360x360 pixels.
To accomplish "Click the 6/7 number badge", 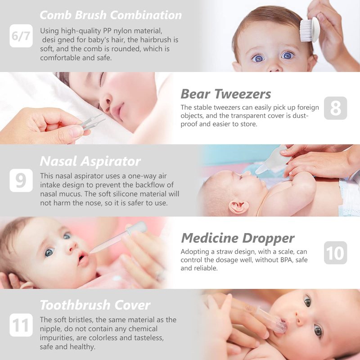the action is (21, 36).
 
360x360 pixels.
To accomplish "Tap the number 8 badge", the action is (335, 108).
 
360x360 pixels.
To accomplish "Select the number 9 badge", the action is (21, 180).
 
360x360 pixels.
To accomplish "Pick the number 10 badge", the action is (335, 253).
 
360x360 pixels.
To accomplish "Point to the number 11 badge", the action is (21, 325).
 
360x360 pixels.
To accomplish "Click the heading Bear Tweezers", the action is (226, 94).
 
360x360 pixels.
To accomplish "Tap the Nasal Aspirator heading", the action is (90, 161).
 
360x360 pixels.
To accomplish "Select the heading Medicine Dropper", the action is (238, 238).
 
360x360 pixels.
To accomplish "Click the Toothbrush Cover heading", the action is (95, 305).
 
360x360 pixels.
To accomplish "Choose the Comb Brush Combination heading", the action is (111, 15).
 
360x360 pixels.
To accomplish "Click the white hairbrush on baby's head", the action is (310, 29).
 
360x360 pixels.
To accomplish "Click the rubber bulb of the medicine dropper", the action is (138, 228).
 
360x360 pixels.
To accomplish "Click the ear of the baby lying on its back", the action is (239, 207).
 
